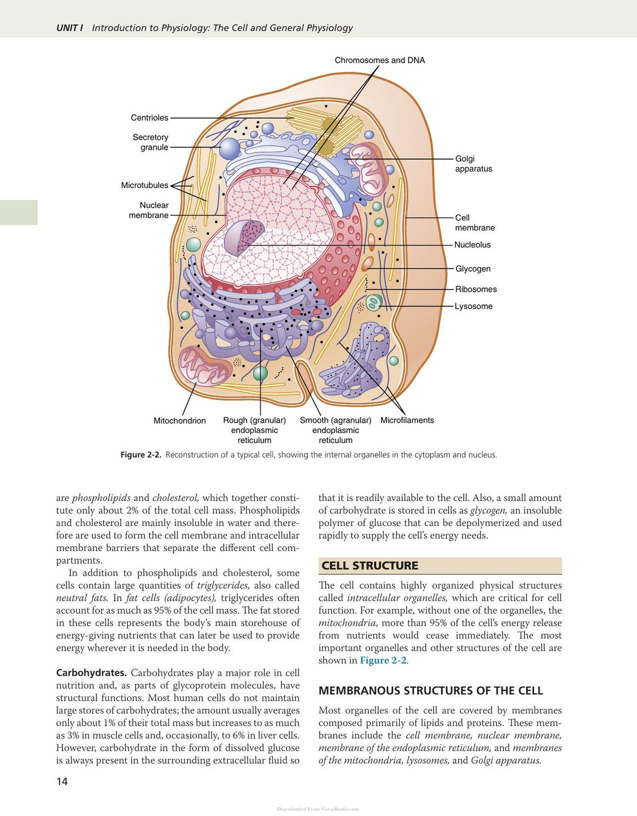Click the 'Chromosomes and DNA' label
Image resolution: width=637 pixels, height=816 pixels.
pos(380,60)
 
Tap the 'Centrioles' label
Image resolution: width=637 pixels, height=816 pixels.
pos(149,117)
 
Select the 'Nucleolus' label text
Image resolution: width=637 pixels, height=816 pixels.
pos(472,245)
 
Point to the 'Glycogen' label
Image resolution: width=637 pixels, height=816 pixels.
pos(472,269)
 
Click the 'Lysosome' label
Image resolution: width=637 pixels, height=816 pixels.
pos(474,306)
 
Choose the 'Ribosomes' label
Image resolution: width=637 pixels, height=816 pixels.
pos(476,289)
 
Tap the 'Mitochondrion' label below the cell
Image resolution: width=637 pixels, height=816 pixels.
pos(179,421)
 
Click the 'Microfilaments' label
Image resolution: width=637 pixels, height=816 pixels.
pos(407,420)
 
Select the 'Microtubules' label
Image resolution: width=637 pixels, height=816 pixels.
pos(144,185)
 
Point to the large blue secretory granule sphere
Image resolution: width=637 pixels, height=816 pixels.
pos(229,149)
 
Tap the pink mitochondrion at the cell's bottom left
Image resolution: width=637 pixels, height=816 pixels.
pos(204,366)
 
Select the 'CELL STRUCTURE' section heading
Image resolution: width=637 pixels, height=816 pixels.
pos(370,566)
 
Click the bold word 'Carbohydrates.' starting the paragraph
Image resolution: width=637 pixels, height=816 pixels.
pos(92,673)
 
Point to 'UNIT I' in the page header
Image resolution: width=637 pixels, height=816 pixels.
pos(70,28)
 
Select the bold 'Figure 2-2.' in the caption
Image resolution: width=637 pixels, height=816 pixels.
pos(141,455)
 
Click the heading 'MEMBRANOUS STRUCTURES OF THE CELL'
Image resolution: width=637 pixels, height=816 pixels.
pos(431,691)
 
